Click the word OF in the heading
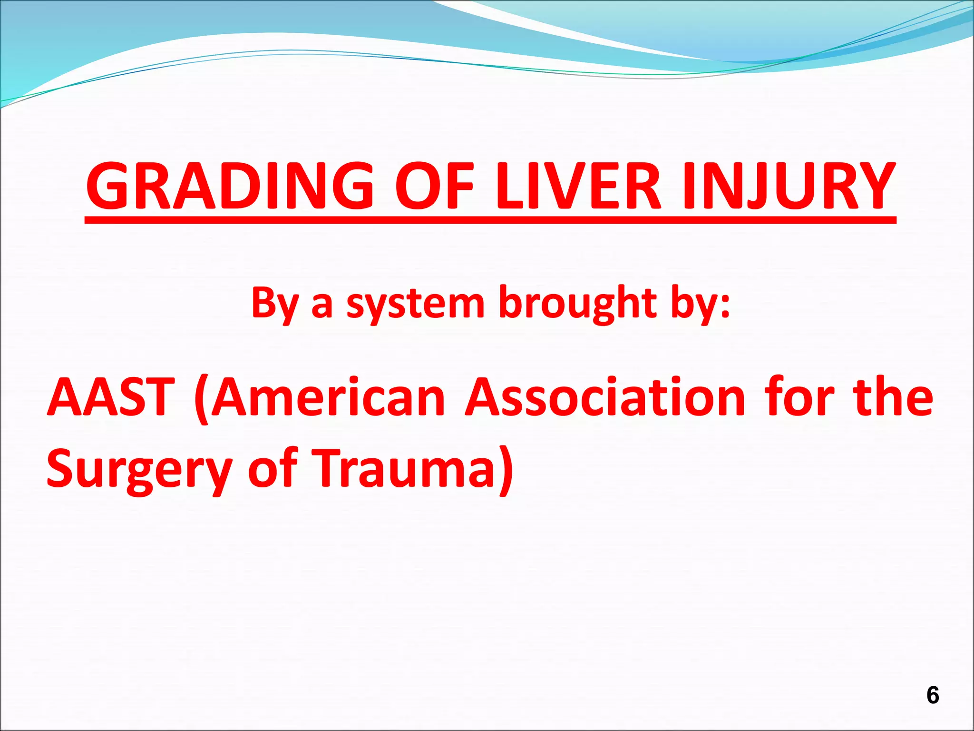point(435,187)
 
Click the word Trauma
point(404,468)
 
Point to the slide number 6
point(933,695)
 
